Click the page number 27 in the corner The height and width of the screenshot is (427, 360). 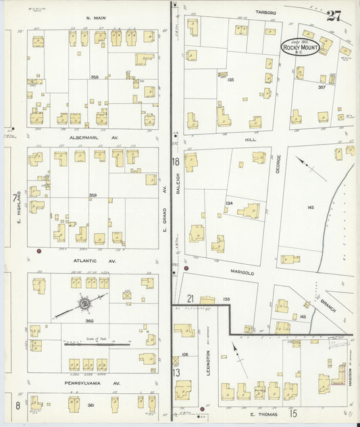(334, 16)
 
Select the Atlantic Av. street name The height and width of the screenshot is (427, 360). (95, 260)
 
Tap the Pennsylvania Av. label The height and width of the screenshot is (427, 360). (93, 383)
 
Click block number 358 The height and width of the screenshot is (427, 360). (95, 77)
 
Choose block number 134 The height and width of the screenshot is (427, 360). (229, 203)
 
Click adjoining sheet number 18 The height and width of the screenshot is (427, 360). (176, 162)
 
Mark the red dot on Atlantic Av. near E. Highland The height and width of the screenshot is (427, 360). (39, 251)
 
